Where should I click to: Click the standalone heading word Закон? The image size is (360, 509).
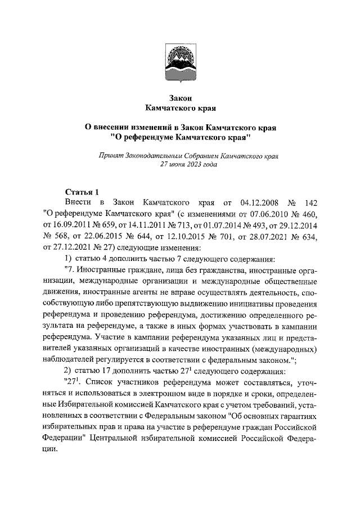180,97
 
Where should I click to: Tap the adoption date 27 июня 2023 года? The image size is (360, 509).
180,165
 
